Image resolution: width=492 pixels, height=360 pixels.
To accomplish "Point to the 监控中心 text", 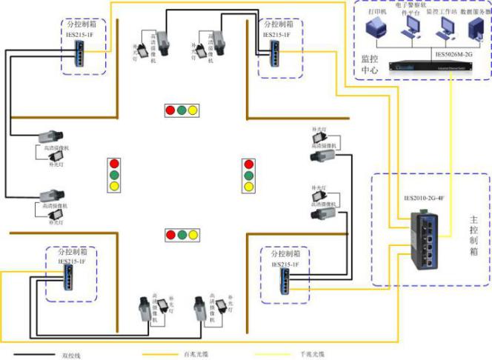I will click(370, 64).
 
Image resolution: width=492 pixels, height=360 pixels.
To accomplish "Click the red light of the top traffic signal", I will click(170, 111).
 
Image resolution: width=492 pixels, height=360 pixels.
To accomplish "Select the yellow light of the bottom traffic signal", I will click(194, 236).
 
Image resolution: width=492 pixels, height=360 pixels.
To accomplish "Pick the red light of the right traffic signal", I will click(249, 163).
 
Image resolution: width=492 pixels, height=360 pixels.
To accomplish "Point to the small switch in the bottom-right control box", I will click(284, 279).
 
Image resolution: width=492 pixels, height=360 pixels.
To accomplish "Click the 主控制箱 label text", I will click(475, 236).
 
